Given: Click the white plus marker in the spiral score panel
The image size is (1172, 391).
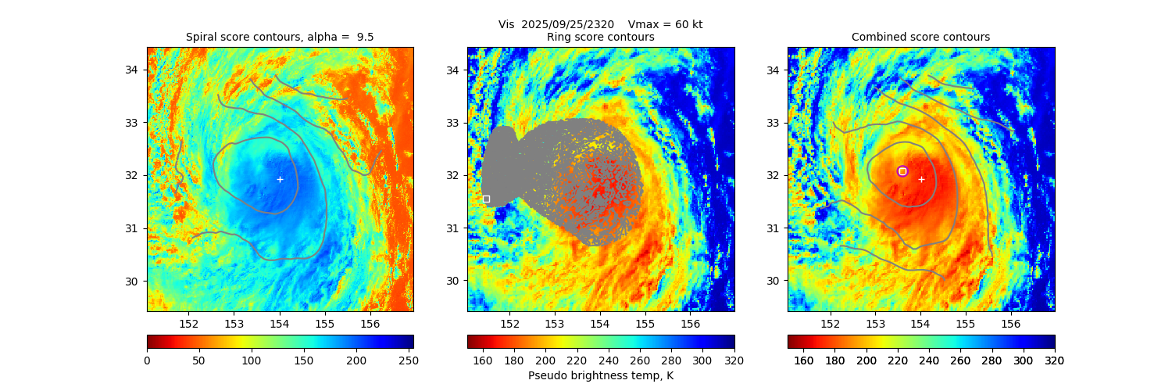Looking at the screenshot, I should coord(280,179).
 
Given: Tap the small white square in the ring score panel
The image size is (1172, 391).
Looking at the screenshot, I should coord(486,199).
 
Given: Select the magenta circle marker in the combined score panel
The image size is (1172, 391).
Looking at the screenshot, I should coord(902,171).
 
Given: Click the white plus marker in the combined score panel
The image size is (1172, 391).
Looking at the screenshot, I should coord(921,179).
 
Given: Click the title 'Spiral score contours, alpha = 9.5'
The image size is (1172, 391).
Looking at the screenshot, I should coord(280,37).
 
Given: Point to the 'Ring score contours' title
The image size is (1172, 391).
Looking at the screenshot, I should coord(600,37).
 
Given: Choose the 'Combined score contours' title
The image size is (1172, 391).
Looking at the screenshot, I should coord(920,37).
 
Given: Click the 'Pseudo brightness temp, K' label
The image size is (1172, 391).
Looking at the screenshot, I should coord(600,375).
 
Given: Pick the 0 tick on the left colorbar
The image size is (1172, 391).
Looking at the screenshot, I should coord(147,360).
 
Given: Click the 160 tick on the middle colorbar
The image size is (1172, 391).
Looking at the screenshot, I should coord(483,360).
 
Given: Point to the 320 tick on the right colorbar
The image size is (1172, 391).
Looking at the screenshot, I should coord(1054,360).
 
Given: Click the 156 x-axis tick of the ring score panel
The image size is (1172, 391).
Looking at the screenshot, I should coord(690,323).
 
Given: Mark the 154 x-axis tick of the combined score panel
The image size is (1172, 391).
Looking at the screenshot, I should coord(920,323).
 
